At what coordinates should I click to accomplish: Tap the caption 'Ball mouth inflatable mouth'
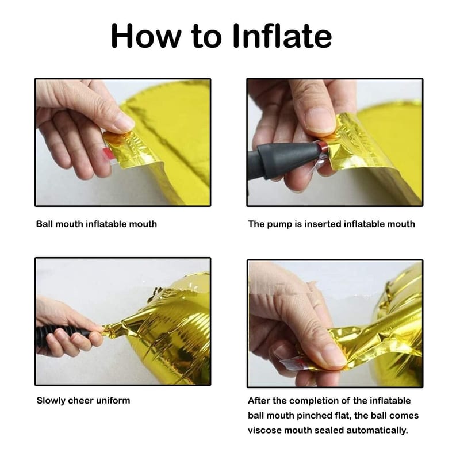coord(96,224)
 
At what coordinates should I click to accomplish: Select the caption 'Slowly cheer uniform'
coord(83,400)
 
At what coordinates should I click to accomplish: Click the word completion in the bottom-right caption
coord(310,400)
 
